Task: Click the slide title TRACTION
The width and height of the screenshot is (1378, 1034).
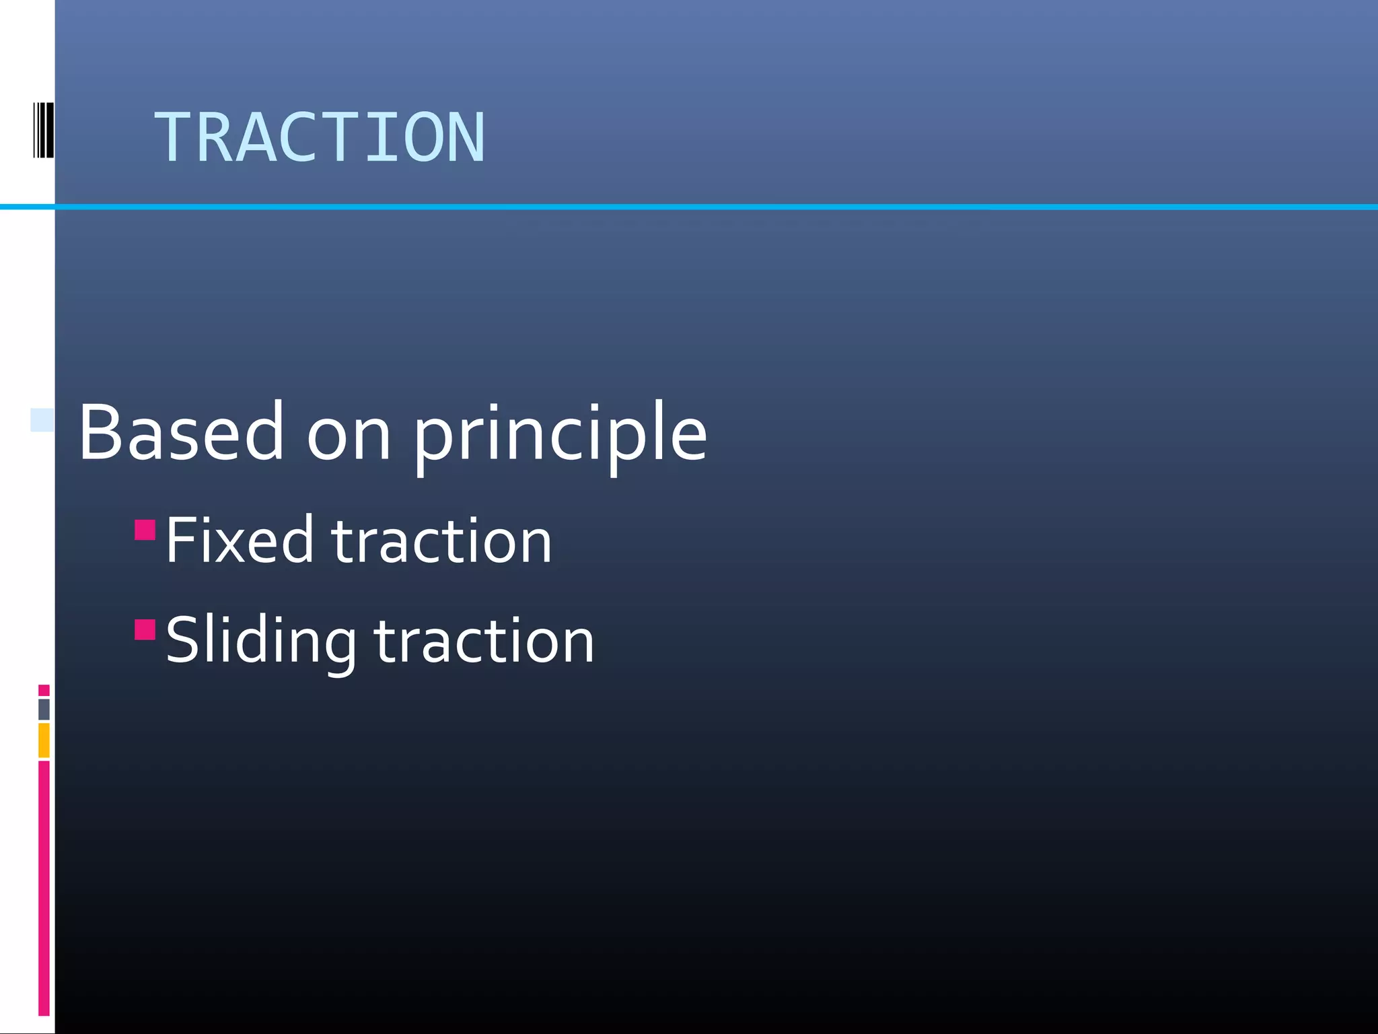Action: click(x=319, y=138)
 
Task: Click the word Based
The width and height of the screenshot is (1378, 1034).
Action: click(x=180, y=432)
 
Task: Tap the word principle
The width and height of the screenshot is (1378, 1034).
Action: click(x=560, y=434)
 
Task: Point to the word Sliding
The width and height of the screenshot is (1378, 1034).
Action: click(x=260, y=641)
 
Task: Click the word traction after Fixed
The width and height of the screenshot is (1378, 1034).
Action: click(x=442, y=541)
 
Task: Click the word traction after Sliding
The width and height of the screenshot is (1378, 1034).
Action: click(x=484, y=642)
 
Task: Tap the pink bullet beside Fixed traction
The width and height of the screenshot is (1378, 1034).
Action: click(x=145, y=530)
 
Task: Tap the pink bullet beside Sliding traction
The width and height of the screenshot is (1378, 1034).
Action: click(x=145, y=629)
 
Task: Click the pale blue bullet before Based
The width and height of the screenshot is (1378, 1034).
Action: click(x=42, y=419)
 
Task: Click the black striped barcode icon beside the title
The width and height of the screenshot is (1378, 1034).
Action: click(x=43, y=130)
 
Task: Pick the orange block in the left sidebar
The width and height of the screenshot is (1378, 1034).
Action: click(x=44, y=740)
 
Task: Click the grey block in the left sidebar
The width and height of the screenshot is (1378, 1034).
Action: click(x=44, y=709)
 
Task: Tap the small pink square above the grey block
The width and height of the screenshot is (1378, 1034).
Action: click(x=44, y=690)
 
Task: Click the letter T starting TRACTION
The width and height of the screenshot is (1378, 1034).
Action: click(x=174, y=138)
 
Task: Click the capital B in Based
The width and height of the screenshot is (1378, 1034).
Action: click(x=102, y=432)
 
